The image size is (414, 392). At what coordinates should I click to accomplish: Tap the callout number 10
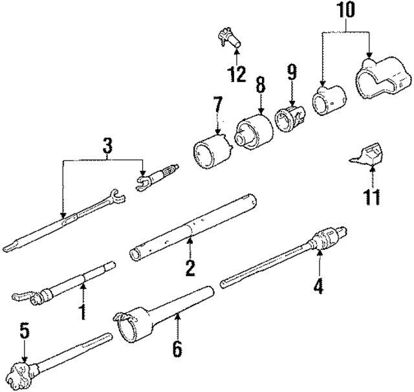(344, 12)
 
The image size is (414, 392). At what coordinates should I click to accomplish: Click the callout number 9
(292, 72)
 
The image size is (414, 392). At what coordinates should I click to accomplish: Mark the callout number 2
(190, 267)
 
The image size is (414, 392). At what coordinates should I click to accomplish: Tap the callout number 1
(82, 310)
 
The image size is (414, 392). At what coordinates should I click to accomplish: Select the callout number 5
(24, 333)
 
